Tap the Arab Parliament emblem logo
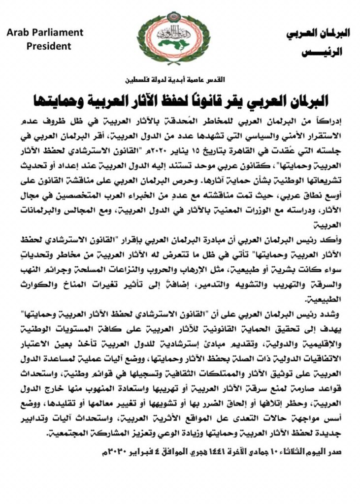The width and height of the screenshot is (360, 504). (x=180, y=35)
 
